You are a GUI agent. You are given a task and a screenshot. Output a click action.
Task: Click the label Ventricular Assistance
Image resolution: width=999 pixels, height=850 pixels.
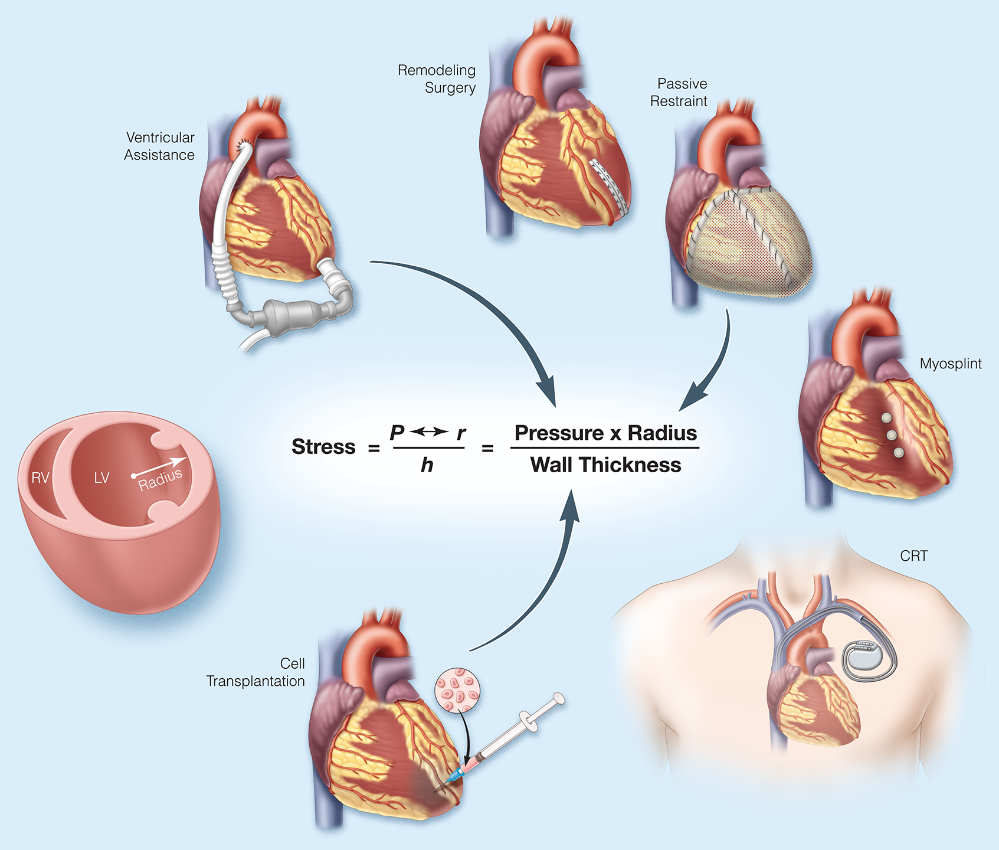(159, 146)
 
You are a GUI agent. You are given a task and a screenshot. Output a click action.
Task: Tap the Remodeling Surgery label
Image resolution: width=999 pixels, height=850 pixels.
(437, 79)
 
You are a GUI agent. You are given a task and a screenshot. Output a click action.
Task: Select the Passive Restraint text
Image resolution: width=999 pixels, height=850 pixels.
(679, 93)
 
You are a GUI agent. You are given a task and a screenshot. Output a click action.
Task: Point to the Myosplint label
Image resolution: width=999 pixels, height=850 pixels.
(950, 364)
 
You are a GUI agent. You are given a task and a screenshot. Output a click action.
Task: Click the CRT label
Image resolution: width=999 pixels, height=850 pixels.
(913, 556)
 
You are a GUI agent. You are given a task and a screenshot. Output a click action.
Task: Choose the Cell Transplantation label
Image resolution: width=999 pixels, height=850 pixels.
(256, 672)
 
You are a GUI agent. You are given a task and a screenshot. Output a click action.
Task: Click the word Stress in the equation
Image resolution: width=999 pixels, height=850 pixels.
(323, 447)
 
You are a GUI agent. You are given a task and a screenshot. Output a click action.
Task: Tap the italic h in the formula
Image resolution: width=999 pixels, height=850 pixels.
(427, 466)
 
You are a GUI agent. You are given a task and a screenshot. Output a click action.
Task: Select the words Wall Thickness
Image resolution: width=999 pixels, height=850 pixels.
(605, 465)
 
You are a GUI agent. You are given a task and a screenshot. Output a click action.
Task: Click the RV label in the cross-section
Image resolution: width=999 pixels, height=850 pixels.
(40, 478)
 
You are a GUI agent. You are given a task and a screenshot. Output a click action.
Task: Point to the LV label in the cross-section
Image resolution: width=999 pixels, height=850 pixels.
(101, 478)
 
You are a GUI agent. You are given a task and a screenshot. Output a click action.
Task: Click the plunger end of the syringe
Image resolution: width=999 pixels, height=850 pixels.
(558, 700)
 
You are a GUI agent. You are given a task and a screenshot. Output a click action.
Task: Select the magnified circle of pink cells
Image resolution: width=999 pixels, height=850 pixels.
(457, 690)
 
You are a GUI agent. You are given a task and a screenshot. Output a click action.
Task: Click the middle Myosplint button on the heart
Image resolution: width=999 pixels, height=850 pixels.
(892, 435)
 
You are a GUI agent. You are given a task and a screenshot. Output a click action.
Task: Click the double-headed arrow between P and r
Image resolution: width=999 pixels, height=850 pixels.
(428, 432)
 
